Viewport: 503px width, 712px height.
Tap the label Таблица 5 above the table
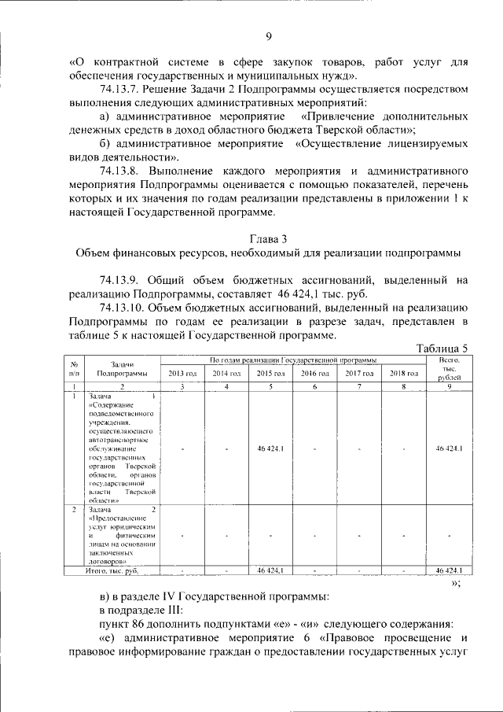(442, 349)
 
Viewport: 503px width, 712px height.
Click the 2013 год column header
(182, 373)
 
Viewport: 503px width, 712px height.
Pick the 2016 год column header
(314, 373)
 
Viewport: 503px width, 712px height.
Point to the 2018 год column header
(403, 373)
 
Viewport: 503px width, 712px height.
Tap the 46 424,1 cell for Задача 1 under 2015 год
(270, 448)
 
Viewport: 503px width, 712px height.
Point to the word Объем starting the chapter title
(96, 253)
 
